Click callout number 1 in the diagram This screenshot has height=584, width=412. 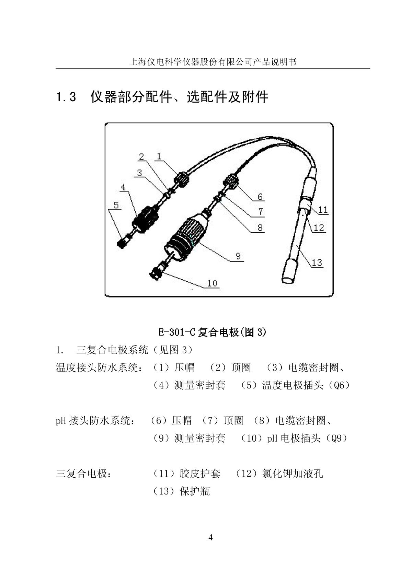[x=159, y=156]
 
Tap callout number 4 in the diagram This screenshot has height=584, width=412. [x=123, y=188]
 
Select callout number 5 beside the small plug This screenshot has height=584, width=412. [x=116, y=205]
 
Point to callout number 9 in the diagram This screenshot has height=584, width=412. [x=238, y=256]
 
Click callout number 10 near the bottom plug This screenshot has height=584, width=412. [x=213, y=283]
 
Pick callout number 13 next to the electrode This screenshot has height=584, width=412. [x=317, y=262]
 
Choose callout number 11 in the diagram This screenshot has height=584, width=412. [x=323, y=209]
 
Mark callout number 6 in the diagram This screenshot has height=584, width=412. [x=260, y=197]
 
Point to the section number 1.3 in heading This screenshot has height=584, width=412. [x=66, y=97]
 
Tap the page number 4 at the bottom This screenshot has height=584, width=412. [x=210, y=537]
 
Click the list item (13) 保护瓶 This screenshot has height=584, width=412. [x=181, y=491]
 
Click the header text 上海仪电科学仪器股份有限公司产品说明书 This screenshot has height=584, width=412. [x=213, y=62]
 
